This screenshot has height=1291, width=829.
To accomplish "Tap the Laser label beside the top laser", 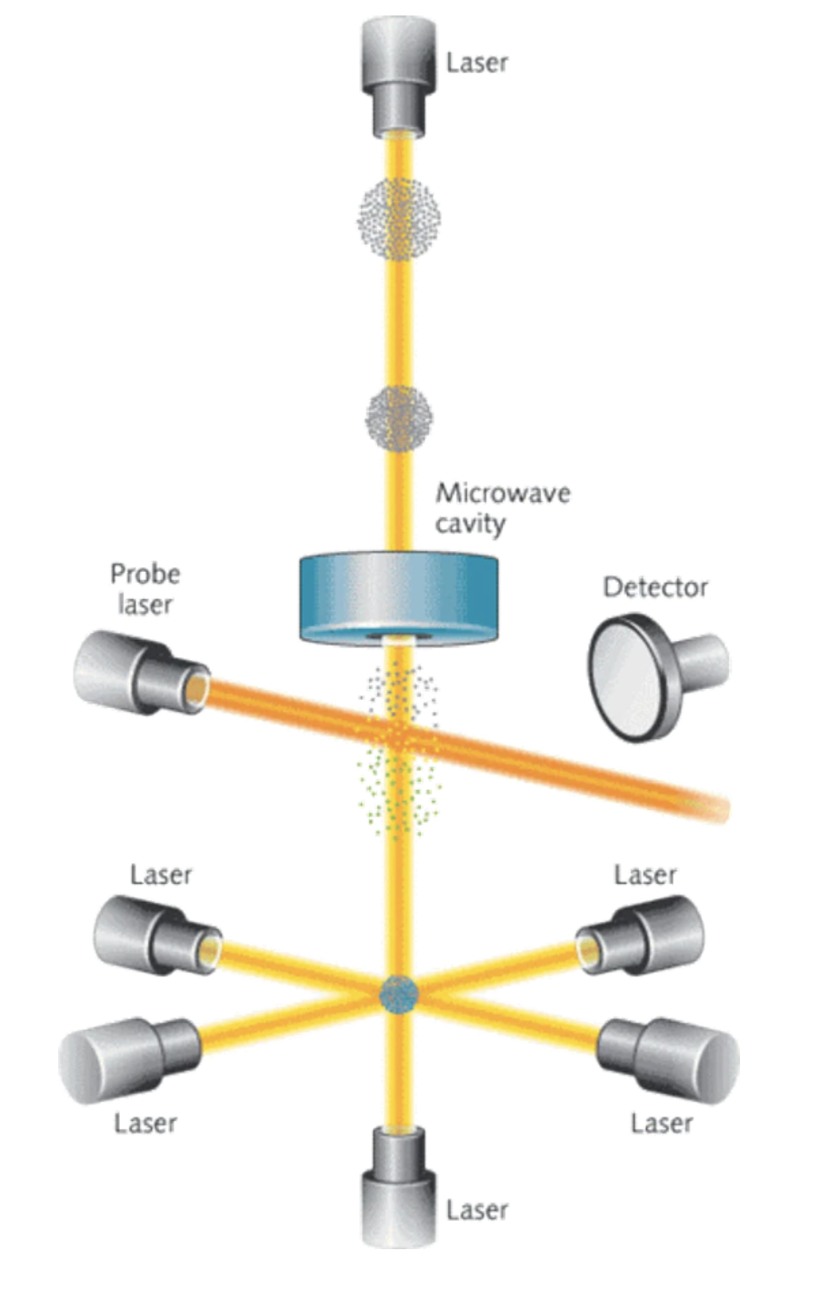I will click(x=477, y=63).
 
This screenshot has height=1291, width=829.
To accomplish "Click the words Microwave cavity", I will click(x=502, y=507).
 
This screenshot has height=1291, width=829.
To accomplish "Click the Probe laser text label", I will click(x=145, y=587).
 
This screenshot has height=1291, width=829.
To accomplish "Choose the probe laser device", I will click(x=136, y=674).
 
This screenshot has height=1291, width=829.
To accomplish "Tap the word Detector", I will click(x=654, y=586).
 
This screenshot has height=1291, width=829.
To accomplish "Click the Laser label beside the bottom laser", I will click(x=477, y=1209).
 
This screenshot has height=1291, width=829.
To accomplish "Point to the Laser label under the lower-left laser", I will click(x=145, y=1123).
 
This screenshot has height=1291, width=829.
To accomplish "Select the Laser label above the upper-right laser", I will click(x=645, y=875).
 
